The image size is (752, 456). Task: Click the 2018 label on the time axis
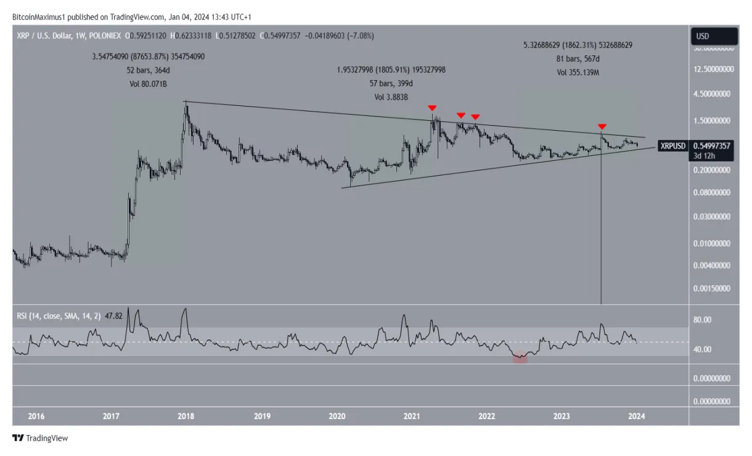(x=186, y=417)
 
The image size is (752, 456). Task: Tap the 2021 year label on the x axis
(x=412, y=417)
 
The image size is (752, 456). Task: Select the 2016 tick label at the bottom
(x=36, y=417)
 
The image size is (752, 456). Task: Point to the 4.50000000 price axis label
(x=713, y=94)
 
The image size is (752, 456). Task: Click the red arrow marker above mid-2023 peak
(x=602, y=126)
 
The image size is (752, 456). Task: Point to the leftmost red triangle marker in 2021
(x=432, y=108)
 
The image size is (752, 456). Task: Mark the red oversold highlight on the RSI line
(x=520, y=358)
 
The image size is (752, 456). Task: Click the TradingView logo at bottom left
(x=40, y=438)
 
